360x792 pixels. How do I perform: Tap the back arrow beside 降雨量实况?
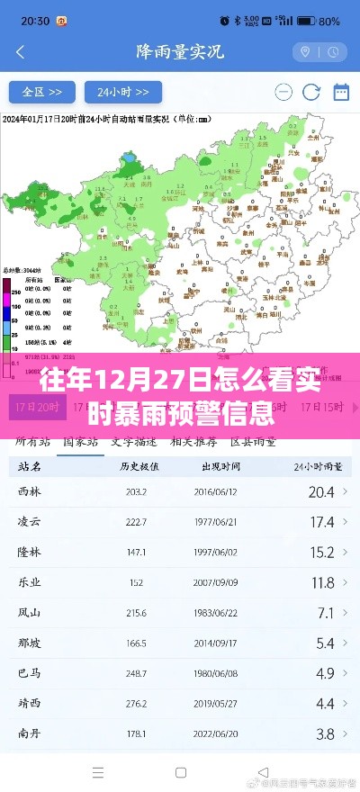[19, 51]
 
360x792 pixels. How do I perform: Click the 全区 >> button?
[42, 92]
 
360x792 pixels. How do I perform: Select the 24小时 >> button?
[123, 92]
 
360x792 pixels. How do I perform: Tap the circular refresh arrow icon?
[311, 92]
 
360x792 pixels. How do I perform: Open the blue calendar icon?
[341, 92]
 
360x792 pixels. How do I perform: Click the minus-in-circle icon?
[283, 92]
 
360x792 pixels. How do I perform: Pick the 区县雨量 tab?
[253, 442]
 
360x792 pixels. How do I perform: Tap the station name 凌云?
[30, 521]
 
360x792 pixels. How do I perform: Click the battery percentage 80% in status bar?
[329, 20]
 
